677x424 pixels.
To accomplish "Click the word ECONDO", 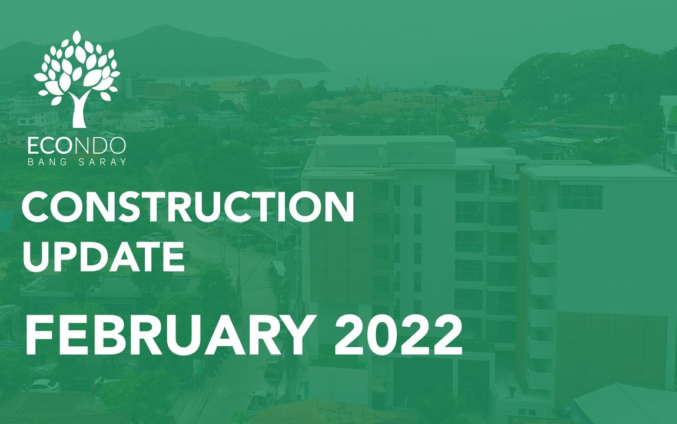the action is pyautogui.click(x=77, y=146).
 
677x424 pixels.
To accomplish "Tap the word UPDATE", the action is pyautogui.click(x=104, y=257).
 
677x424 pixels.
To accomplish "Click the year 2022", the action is pyautogui.click(x=398, y=334).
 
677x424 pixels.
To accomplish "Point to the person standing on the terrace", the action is pyautogui.click(x=512, y=392).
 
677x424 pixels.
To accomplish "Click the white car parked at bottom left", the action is pyautogui.click(x=43, y=385).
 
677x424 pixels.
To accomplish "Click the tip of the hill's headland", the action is pyautogui.click(x=328, y=71).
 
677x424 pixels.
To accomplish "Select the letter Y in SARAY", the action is pyautogui.click(x=123, y=162).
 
